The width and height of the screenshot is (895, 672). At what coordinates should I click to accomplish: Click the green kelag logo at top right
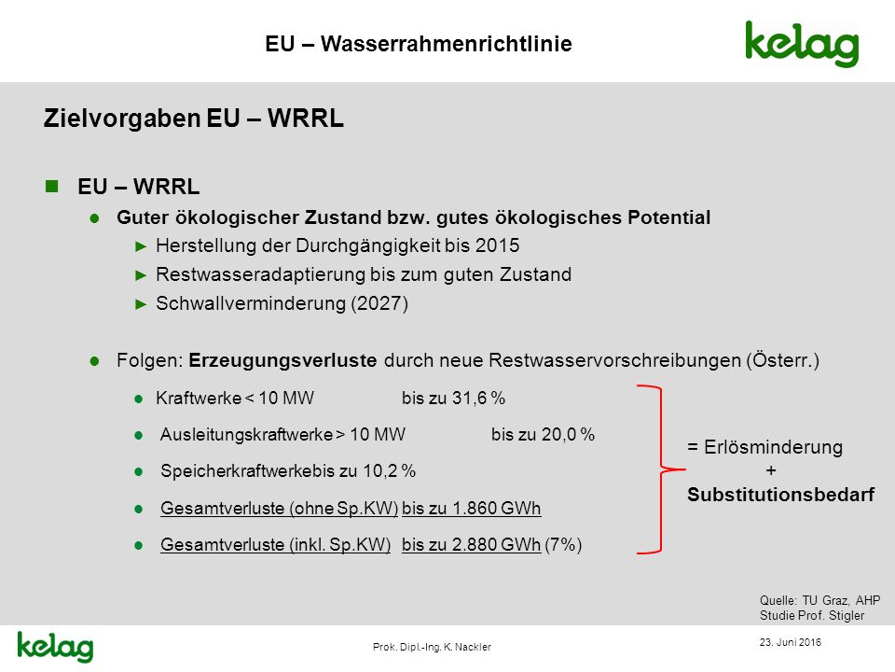pyautogui.click(x=802, y=45)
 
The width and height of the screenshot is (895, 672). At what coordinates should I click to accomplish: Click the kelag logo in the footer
pyautogui.click(x=55, y=647)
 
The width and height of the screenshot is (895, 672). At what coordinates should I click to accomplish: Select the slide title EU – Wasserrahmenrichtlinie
pyautogui.click(x=419, y=44)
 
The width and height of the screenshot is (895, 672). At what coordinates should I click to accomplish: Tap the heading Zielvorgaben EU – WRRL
pyautogui.click(x=194, y=119)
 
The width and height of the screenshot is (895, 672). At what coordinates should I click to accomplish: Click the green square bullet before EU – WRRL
pyautogui.click(x=52, y=187)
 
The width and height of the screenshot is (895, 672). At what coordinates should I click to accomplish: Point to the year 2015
pyautogui.click(x=497, y=245)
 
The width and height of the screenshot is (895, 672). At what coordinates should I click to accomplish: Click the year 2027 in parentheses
pyautogui.click(x=379, y=303)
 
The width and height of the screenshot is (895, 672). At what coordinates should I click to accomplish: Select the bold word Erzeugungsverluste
pyautogui.click(x=282, y=360)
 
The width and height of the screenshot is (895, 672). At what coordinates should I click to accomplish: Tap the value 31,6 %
pyautogui.click(x=479, y=398)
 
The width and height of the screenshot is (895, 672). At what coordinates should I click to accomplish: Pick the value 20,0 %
pyautogui.click(x=568, y=434)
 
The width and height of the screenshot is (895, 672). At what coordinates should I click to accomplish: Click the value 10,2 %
pyautogui.click(x=390, y=470)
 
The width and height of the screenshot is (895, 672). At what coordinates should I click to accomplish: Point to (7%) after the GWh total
pyautogui.click(x=563, y=544)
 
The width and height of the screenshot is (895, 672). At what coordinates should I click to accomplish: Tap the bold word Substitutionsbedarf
pyautogui.click(x=781, y=495)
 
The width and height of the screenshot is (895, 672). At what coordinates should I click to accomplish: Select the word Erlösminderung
pyautogui.click(x=773, y=447)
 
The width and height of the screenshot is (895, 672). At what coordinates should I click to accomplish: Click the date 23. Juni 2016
pyautogui.click(x=790, y=642)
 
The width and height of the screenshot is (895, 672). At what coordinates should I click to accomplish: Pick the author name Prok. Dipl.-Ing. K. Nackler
pyautogui.click(x=432, y=647)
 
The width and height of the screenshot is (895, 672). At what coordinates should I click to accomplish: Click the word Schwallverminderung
pyautogui.click(x=251, y=303)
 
